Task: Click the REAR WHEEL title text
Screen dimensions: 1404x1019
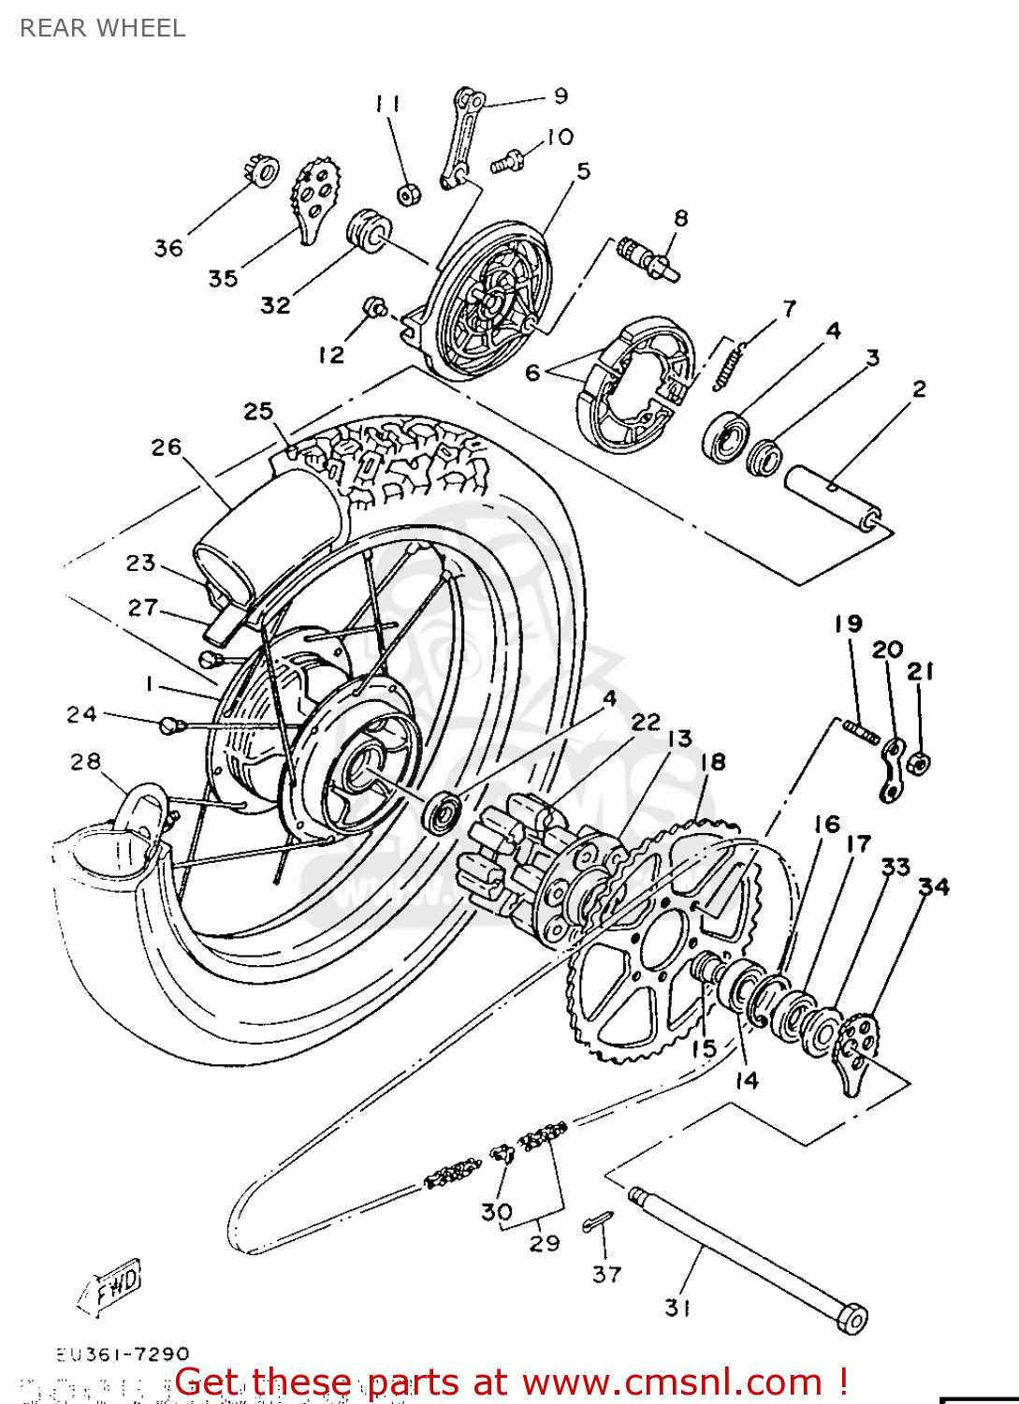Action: click(102, 28)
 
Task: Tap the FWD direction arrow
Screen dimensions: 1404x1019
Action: click(110, 1286)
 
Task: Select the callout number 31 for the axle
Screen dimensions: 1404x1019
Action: click(677, 1308)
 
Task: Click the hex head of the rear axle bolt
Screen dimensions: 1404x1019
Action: click(852, 1318)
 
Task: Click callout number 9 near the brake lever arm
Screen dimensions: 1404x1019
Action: click(560, 95)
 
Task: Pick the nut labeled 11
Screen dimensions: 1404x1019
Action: click(408, 195)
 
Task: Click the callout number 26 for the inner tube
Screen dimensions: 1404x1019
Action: click(166, 447)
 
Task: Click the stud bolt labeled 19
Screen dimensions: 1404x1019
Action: click(860, 730)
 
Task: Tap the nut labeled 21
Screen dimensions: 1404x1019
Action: click(919, 763)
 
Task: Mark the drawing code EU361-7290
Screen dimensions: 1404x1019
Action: click(122, 1354)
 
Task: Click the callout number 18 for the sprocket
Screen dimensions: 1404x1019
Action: click(713, 762)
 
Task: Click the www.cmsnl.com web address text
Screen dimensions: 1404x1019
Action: click(672, 1382)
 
